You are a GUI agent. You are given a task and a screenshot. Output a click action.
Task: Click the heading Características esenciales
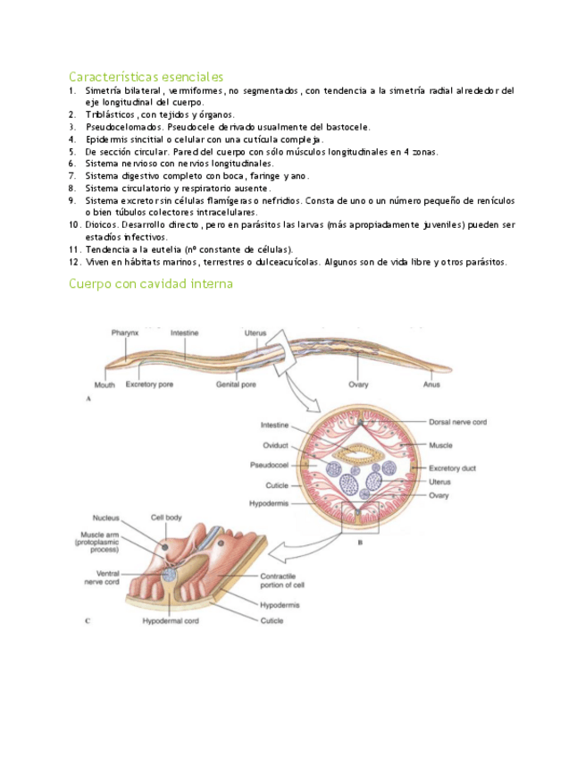click(x=146, y=77)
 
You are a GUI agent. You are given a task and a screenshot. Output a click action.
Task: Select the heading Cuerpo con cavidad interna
click(x=151, y=283)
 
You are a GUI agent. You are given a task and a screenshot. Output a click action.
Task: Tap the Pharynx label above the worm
click(x=126, y=333)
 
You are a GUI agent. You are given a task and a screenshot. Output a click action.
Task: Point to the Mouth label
click(x=104, y=385)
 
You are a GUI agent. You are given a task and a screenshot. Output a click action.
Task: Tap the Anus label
click(x=431, y=385)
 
